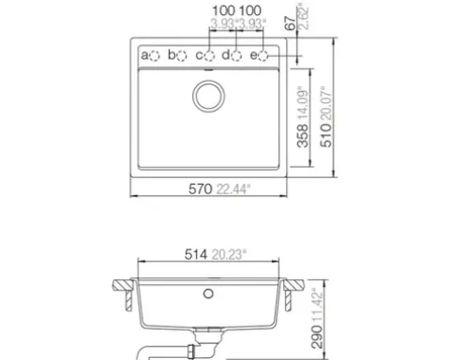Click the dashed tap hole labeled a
[154, 56]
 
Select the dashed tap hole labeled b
[181, 56]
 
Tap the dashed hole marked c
[209, 56]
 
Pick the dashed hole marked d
[236, 56]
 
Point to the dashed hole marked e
[263, 56]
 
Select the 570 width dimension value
[200, 189]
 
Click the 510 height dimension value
[326, 135]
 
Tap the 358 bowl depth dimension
[302, 135]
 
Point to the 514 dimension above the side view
[196, 254]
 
